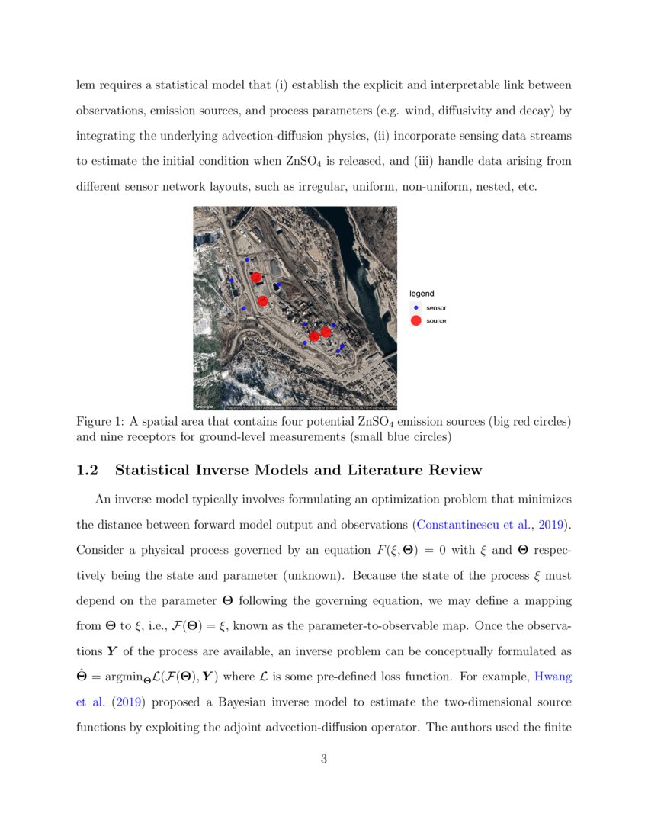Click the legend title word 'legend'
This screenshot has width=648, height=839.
point(422,294)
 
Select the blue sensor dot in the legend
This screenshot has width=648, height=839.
point(415,307)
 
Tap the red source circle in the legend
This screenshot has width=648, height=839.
point(415,321)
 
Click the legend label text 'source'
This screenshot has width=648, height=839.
point(436,321)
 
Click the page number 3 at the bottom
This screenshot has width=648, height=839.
point(324,758)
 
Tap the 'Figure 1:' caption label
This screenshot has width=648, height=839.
point(100,422)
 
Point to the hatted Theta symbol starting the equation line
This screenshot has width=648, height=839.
point(82,675)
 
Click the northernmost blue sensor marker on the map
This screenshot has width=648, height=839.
point(246,259)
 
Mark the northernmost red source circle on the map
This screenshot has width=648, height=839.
point(256,277)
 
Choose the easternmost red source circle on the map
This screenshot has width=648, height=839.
point(326,332)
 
